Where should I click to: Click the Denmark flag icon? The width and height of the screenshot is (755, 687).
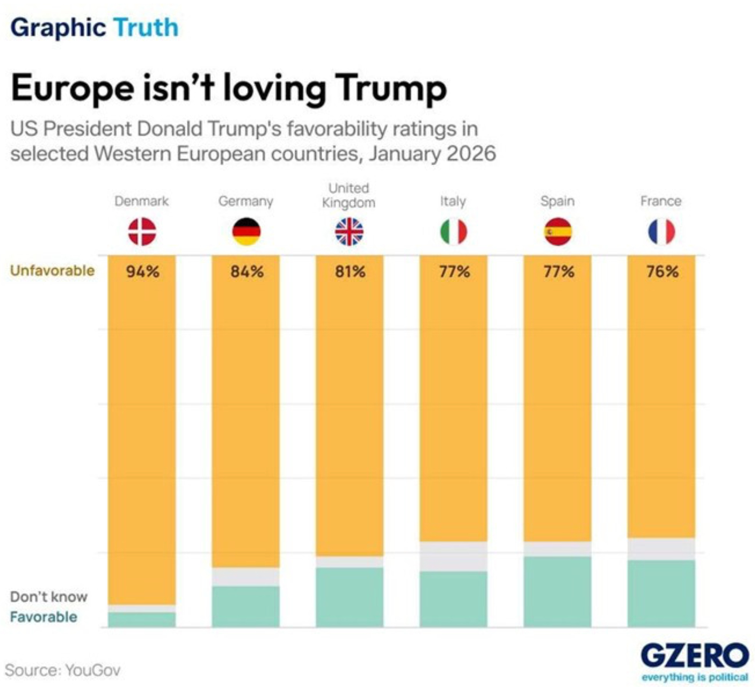pyautogui.click(x=142, y=232)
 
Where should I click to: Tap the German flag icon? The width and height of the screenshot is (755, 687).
pyautogui.click(x=246, y=232)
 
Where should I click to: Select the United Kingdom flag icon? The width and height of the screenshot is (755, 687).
pyautogui.click(x=349, y=232)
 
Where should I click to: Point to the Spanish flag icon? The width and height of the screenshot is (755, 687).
pyautogui.click(x=558, y=232)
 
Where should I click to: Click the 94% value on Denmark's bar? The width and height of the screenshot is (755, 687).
pyautogui.click(x=143, y=271)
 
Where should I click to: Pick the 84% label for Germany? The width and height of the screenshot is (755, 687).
pyautogui.click(x=247, y=271)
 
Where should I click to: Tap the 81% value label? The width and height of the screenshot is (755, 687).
pyautogui.click(x=350, y=271)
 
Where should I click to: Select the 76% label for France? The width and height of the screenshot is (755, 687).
pyautogui.click(x=662, y=271)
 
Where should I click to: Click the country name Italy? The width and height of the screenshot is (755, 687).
pyautogui.click(x=453, y=201)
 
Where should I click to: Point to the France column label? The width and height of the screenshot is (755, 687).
pyautogui.click(x=661, y=201)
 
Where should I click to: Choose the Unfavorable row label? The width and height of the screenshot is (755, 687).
pyautogui.click(x=52, y=270)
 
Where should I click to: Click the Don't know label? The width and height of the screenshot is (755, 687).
pyautogui.click(x=49, y=597)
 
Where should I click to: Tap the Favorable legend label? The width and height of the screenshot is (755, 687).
pyautogui.click(x=43, y=617)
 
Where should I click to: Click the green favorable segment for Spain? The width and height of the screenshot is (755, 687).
pyautogui.click(x=557, y=591)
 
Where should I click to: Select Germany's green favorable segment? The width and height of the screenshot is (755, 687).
pyautogui.click(x=246, y=606)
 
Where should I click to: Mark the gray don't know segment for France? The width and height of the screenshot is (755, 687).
pyautogui.click(x=662, y=549)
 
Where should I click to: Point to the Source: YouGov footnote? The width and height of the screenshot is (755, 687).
pyautogui.click(x=62, y=670)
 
